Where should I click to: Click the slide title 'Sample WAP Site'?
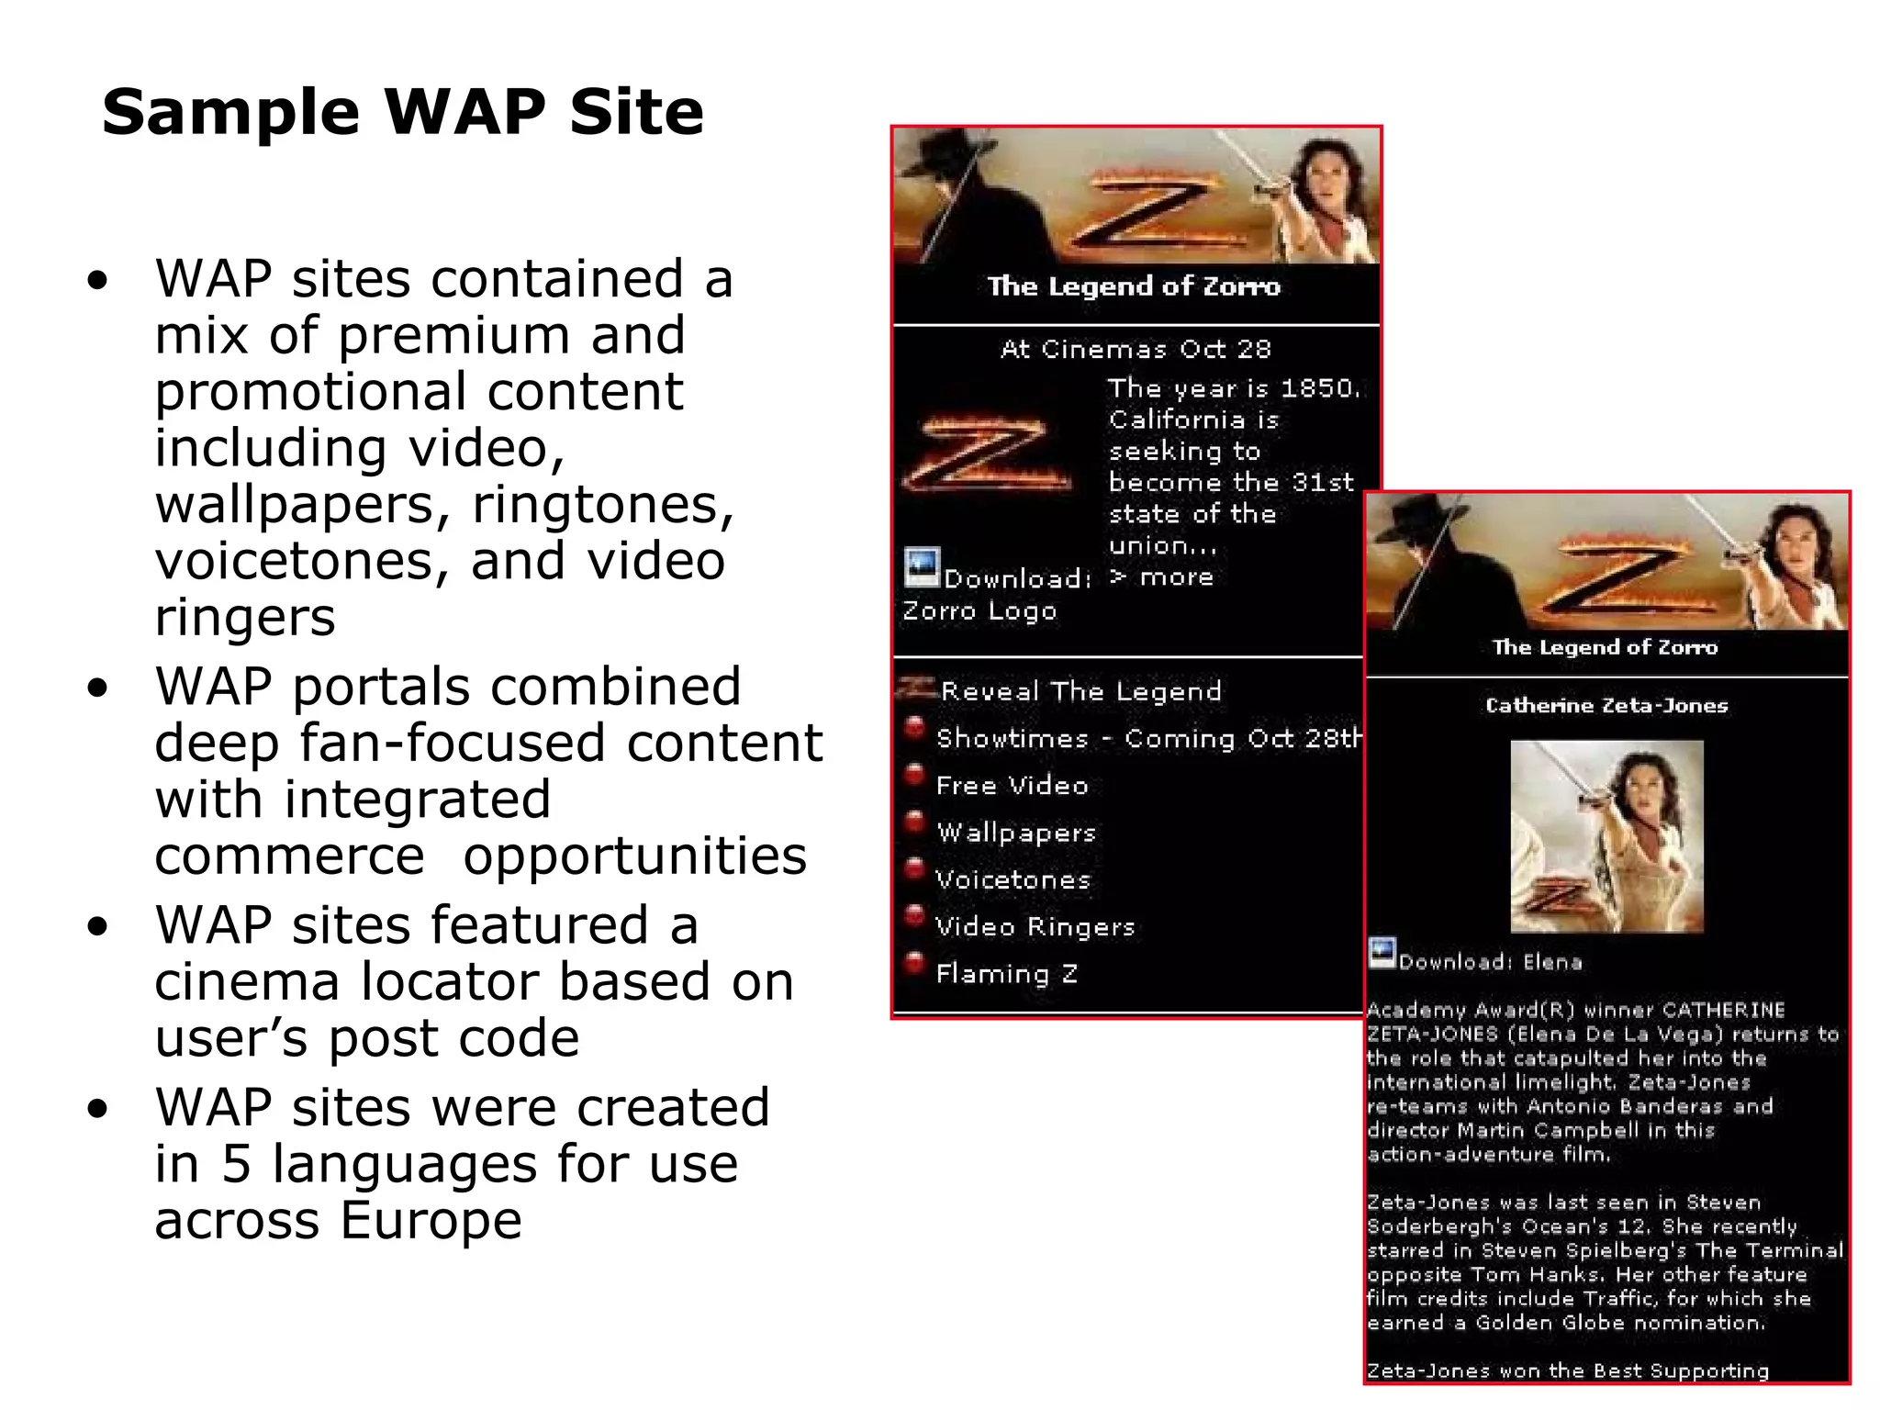click(402, 112)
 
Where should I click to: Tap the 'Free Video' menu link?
click(1012, 786)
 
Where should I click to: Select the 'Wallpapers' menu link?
click(1016, 833)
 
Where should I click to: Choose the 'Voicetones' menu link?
click(1013, 879)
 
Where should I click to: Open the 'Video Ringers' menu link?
click(1035, 927)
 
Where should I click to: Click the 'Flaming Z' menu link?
click(1006, 974)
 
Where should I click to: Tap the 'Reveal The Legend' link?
click(1080, 691)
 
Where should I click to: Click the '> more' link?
click(1161, 577)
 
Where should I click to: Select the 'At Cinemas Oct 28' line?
click(1136, 349)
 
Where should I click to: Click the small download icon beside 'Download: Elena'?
click(1382, 953)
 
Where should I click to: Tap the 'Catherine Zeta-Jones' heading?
click(1606, 705)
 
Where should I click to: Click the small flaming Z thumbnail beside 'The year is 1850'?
click(987, 453)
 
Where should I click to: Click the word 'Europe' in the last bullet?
click(431, 1221)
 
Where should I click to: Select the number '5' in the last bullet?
click(236, 1164)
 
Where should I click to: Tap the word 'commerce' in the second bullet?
click(289, 856)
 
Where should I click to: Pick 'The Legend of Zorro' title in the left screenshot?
click(1134, 286)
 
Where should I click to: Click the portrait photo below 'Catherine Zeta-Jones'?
click(1606, 836)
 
